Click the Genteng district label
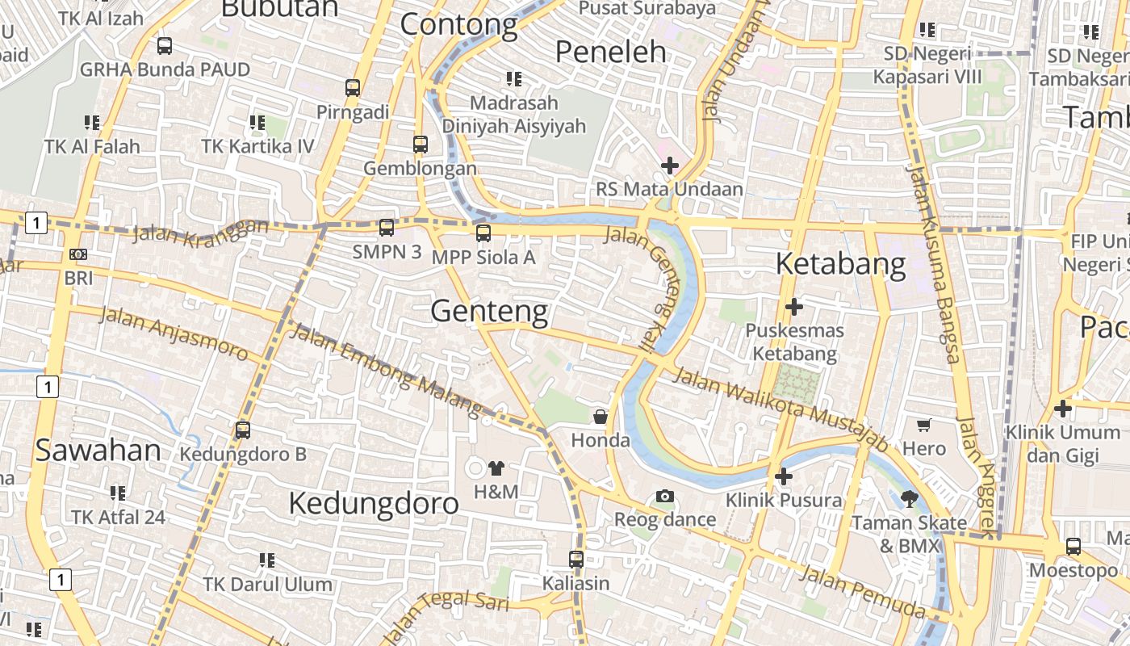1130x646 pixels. click(489, 311)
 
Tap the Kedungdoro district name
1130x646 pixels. click(373, 503)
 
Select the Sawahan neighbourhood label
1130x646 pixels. click(98, 451)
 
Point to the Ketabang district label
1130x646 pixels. click(841, 264)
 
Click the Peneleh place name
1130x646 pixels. click(611, 52)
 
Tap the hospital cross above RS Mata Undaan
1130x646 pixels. click(669, 166)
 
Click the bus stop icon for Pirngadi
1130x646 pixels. click(353, 88)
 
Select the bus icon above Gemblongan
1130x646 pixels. click(420, 145)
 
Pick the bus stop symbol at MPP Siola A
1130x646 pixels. click(483, 233)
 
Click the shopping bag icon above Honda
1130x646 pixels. click(601, 417)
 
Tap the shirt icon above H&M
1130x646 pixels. click(496, 468)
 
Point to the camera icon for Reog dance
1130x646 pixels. click(664, 496)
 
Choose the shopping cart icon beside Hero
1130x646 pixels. click(924, 425)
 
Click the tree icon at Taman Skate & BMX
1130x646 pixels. click(910, 499)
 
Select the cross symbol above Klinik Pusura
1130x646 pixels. click(783, 476)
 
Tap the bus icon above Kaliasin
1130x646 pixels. click(575, 559)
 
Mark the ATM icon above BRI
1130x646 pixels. click(78, 254)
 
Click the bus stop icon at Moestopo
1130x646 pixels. click(1073, 547)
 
